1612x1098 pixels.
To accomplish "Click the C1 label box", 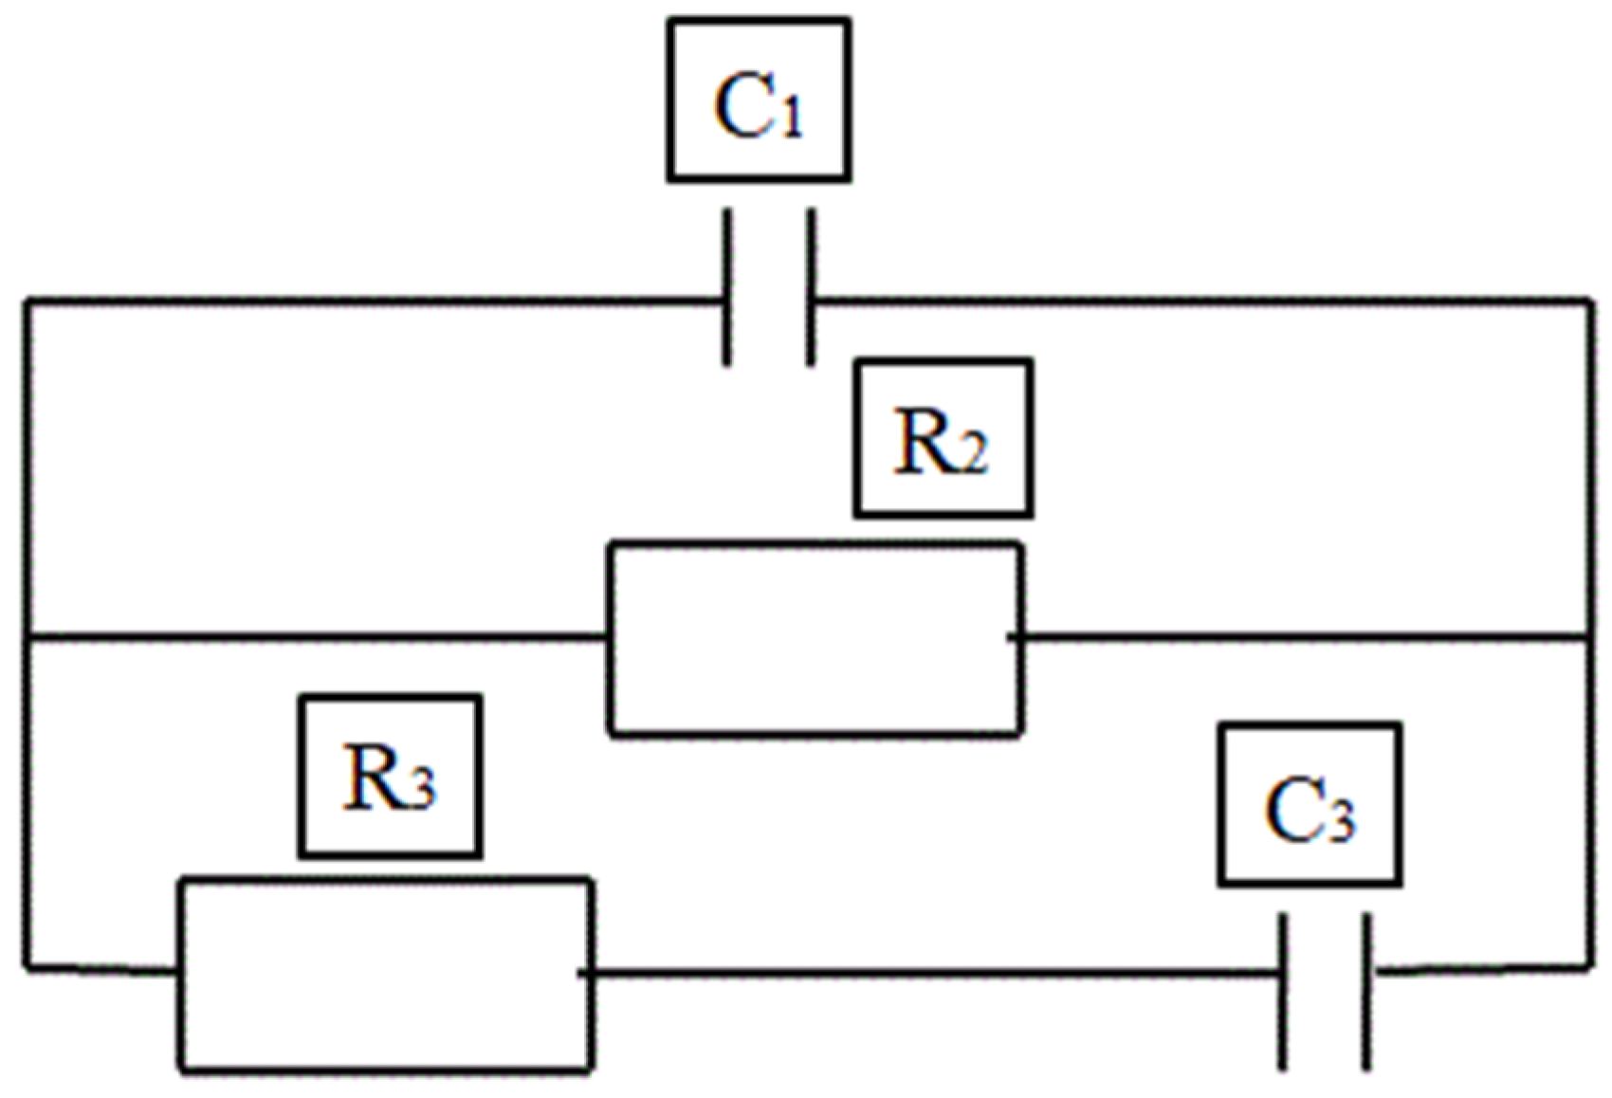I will (759, 101).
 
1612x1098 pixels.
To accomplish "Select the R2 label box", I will (943, 438).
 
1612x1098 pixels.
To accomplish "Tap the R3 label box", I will (390, 777).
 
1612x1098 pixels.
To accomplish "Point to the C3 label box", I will (1310, 805).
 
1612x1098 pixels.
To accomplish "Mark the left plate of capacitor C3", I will (1283, 992).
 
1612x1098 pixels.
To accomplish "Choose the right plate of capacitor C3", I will (1366, 992).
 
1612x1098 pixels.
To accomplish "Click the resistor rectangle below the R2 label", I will (815, 638).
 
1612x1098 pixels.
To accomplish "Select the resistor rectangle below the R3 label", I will (387, 975).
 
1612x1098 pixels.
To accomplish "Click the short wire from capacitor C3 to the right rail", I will (1479, 969).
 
